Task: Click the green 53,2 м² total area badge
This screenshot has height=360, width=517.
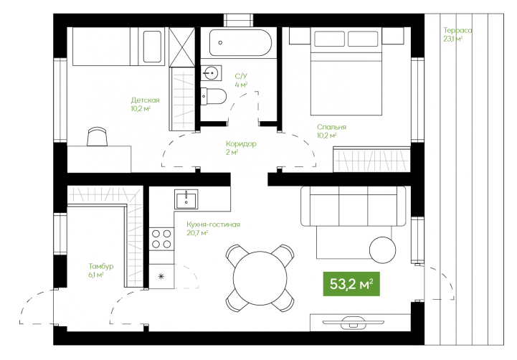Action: [351, 284]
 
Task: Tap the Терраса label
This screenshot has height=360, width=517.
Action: [457, 30]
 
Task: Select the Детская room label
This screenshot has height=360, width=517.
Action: [145, 100]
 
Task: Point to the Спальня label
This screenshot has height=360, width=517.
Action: [331, 127]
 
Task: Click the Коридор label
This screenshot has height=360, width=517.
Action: [241, 143]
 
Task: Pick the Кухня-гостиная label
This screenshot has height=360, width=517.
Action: [214, 224]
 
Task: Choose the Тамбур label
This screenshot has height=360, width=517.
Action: [101, 266]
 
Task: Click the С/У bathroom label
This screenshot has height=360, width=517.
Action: [241, 76]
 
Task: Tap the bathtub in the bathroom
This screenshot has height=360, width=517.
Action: [241, 43]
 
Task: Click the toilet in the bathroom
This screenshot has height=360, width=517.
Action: [214, 96]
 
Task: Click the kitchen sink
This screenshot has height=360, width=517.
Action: [186, 199]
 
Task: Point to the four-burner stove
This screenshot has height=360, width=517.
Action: [161, 239]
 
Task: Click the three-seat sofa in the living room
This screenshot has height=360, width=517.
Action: [353, 206]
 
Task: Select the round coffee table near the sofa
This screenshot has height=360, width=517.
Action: [382, 250]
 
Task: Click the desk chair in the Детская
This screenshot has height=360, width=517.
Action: [98, 136]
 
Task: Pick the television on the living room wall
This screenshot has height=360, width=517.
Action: [353, 322]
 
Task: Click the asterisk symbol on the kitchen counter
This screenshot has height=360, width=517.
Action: [161, 276]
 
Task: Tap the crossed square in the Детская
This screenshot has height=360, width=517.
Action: [181, 47]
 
